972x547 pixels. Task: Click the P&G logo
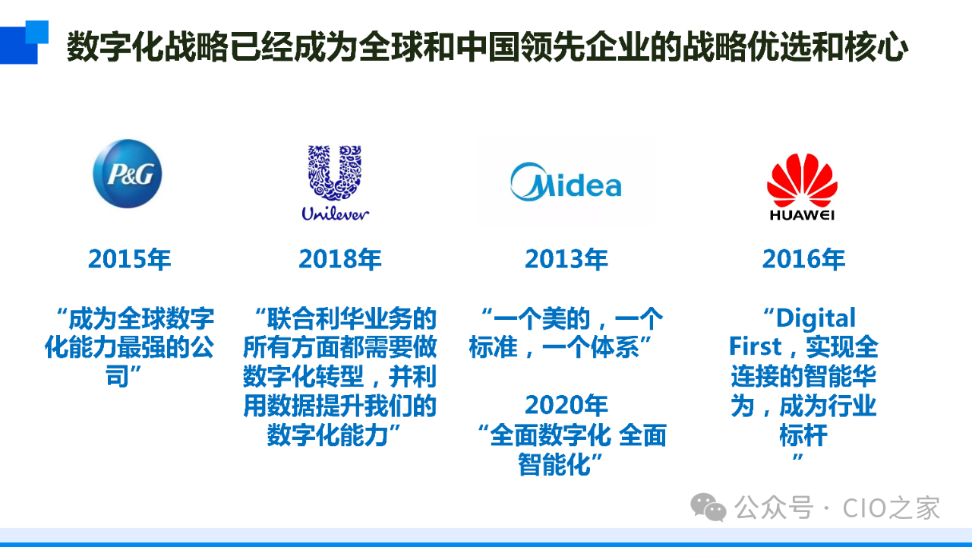127,174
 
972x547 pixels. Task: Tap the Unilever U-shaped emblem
335,172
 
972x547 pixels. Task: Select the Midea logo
566,182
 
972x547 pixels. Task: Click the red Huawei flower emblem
802,180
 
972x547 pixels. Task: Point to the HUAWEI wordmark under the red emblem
802,215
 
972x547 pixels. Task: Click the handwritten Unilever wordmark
336,213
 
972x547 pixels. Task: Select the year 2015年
129,259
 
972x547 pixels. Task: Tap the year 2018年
339,259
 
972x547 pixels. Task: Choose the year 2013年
566,259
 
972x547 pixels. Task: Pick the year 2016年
803,259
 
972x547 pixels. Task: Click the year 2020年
566,405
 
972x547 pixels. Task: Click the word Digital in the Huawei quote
816,318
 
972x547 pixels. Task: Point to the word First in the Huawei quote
755,346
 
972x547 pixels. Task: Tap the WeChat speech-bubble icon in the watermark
708,507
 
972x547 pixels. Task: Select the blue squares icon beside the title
24,42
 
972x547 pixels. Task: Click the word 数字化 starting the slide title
115,46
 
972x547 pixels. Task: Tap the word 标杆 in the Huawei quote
803,435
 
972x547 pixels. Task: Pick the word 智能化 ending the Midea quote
554,464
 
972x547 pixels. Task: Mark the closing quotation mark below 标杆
797,457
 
